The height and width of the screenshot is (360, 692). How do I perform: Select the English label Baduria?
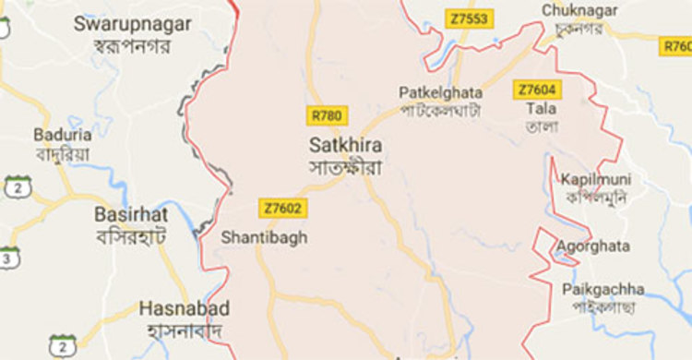pos(55,134)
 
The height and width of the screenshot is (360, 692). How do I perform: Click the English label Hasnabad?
pos(184,308)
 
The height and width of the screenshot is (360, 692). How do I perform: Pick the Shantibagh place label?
pos(264,237)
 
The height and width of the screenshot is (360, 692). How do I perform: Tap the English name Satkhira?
pos(346,146)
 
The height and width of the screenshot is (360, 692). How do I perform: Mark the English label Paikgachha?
pos(601,290)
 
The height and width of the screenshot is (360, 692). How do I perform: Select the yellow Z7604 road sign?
pos(538,89)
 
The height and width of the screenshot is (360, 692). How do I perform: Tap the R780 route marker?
pos(327,114)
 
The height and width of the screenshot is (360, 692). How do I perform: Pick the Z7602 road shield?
pos(282,209)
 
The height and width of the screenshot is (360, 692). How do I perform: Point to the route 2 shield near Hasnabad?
pos(63,344)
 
